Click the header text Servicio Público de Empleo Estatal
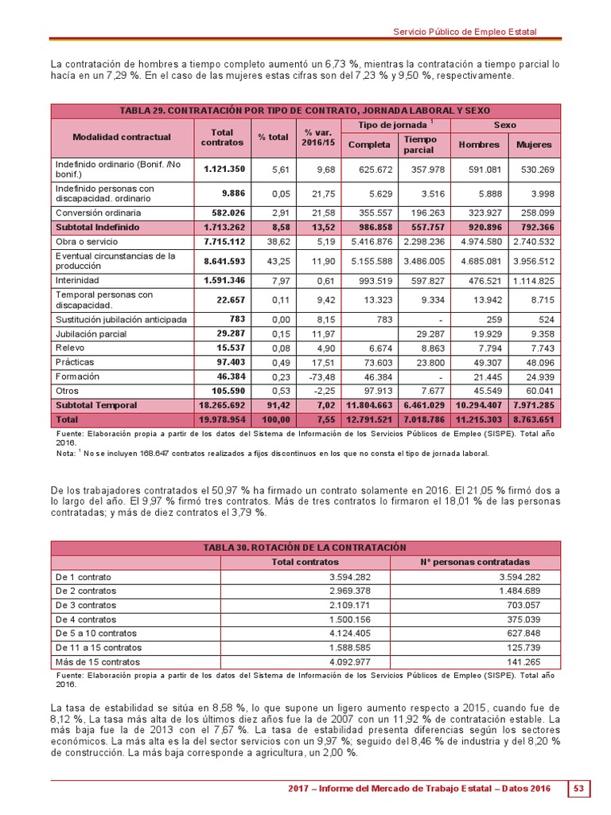pyautogui.click(x=465, y=32)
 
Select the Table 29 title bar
pyautogui.click(x=305, y=111)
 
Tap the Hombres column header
pyautogui.click(x=480, y=145)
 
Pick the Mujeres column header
pyautogui.click(x=534, y=145)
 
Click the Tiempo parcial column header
pyautogui.click(x=421, y=145)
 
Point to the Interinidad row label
pyautogui.click(x=77, y=280)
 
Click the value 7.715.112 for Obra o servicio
pyautogui.click(x=224, y=241)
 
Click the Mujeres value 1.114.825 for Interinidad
pyautogui.click(x=534, y=280)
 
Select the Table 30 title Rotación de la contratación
pyautogui.click(x=305, y=548)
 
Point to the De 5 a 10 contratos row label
pyautogui.click(x=95, y=634)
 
